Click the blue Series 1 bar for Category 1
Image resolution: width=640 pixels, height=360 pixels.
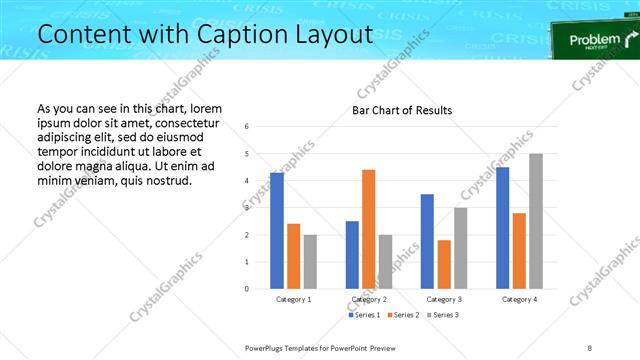[x=277, y=231]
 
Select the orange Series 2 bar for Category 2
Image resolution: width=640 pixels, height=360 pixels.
[x=368, y=229]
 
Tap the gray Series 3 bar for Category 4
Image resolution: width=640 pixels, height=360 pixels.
[x=536, y=221]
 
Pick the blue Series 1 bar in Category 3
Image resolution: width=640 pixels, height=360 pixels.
[x=427, y=241]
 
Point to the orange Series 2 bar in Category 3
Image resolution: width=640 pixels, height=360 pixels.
[x=444, y=264]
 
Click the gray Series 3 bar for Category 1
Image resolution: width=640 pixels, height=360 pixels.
[x=310, y=262]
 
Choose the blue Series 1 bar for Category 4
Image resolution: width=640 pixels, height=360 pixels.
[x=503, y=228]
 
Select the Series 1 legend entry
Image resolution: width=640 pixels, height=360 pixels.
[x=365, y=315]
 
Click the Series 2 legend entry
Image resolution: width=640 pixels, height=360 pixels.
[x=402, y=315]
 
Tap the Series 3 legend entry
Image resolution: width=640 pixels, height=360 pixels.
[x=443, y=315]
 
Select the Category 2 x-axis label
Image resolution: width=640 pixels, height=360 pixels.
[x=369, y=299]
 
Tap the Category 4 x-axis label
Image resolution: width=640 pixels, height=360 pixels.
[x=519, y=299]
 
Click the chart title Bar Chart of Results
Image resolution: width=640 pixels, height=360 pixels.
[x=402, y=110]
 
